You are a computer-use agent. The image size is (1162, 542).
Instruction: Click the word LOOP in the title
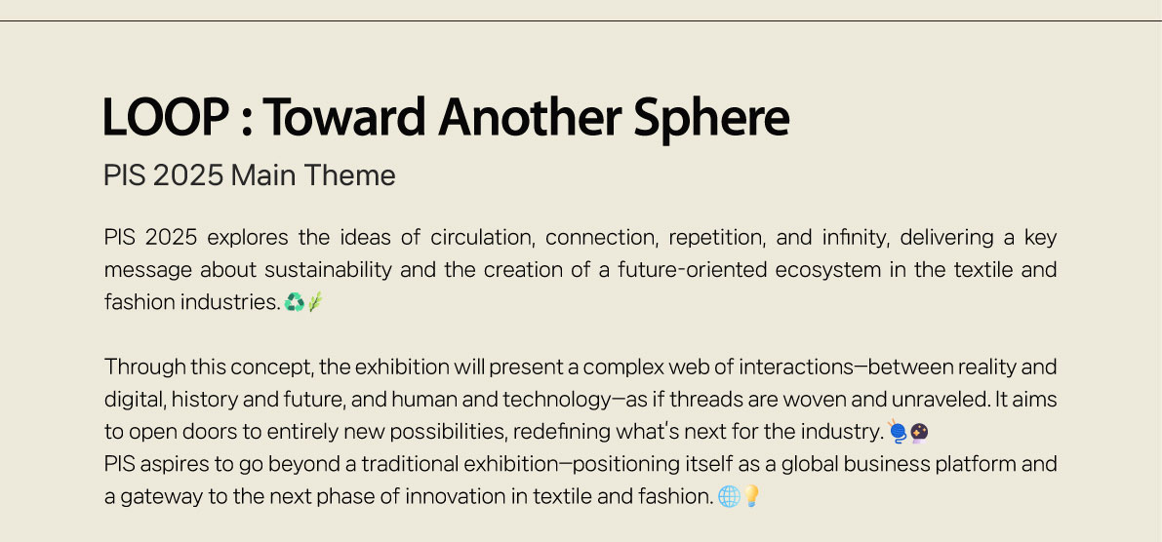coord(165,117)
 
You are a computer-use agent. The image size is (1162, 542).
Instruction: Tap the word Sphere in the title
coord(711,119)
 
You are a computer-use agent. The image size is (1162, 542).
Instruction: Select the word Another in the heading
coord(530,117)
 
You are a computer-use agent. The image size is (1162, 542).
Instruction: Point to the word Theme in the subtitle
coord(350,175)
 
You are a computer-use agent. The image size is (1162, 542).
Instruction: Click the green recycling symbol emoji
coord(295,302)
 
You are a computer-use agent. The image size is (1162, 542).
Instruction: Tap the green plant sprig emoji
coord(315,302)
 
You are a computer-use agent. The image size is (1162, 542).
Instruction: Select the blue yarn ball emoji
coord(898,431)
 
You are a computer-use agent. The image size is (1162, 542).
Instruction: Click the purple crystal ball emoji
coord(919,432)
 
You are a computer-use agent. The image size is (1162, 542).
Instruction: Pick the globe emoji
coord(729,496)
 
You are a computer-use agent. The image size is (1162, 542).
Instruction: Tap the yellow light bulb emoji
coord(750,495)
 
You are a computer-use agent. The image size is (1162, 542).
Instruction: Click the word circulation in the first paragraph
coord(483,238)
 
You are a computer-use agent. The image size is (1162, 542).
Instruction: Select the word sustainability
coord(328,270)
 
